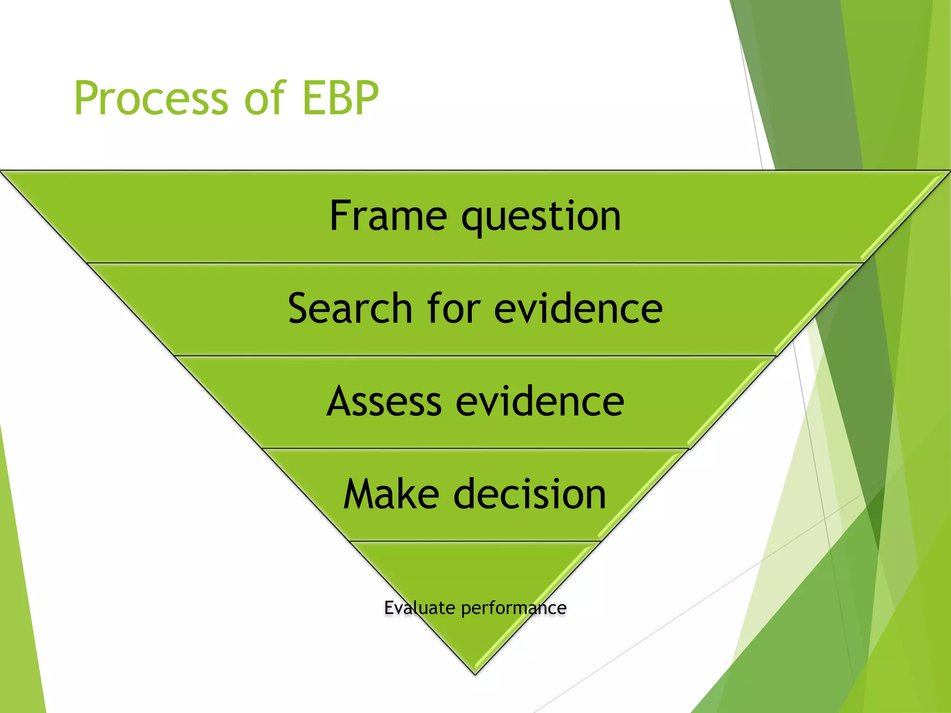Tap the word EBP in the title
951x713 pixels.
(340, 98)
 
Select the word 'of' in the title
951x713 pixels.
(264, 98)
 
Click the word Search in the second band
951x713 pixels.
(350, 308)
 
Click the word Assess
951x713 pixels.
(384, 401)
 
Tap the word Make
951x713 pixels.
(391, 494)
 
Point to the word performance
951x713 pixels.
(514, 608)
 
